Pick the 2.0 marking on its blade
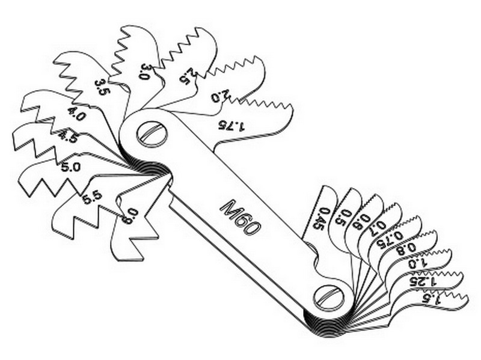(221, 97)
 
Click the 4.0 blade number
(76, 115)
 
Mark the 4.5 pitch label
(67, 137)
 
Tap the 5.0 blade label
(70, 167)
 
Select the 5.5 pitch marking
(91, 196)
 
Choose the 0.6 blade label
(363, 222)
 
